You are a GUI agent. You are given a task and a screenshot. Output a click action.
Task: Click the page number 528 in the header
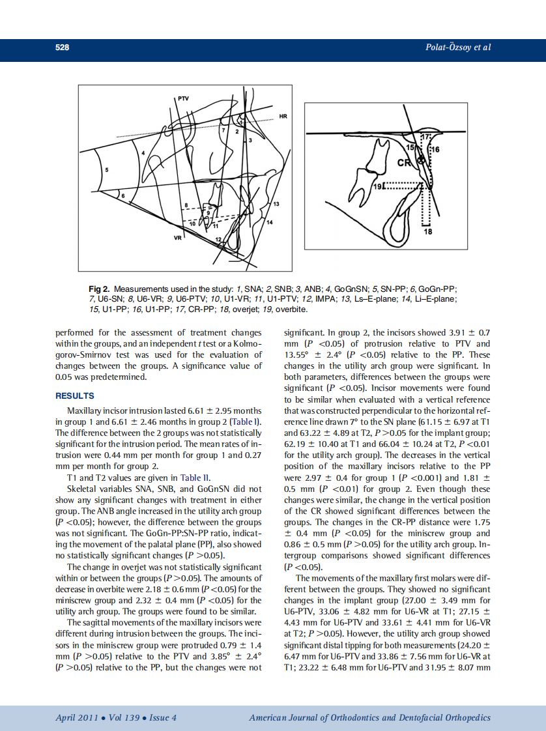point(62,48)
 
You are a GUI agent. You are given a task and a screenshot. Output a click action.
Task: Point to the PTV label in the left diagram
point(184,98)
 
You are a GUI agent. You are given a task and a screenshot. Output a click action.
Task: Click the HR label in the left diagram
point(283,117)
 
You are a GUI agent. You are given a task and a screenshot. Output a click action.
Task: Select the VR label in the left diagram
point(178,238)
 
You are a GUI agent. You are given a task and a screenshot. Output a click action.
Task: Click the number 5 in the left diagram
point(108,169)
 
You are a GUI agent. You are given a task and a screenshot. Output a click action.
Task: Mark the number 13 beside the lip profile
point(276,205)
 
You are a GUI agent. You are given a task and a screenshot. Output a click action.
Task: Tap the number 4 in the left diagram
point(143,152)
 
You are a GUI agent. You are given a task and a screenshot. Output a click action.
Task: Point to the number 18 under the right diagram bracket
point(428,231)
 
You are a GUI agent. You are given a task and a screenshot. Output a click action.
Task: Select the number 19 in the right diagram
point(378,187)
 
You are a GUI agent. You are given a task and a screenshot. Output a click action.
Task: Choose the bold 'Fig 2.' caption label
point(99,288)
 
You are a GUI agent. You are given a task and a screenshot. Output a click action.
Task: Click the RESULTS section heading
point(74,395)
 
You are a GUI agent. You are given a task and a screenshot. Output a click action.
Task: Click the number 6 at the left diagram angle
point(117,194)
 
